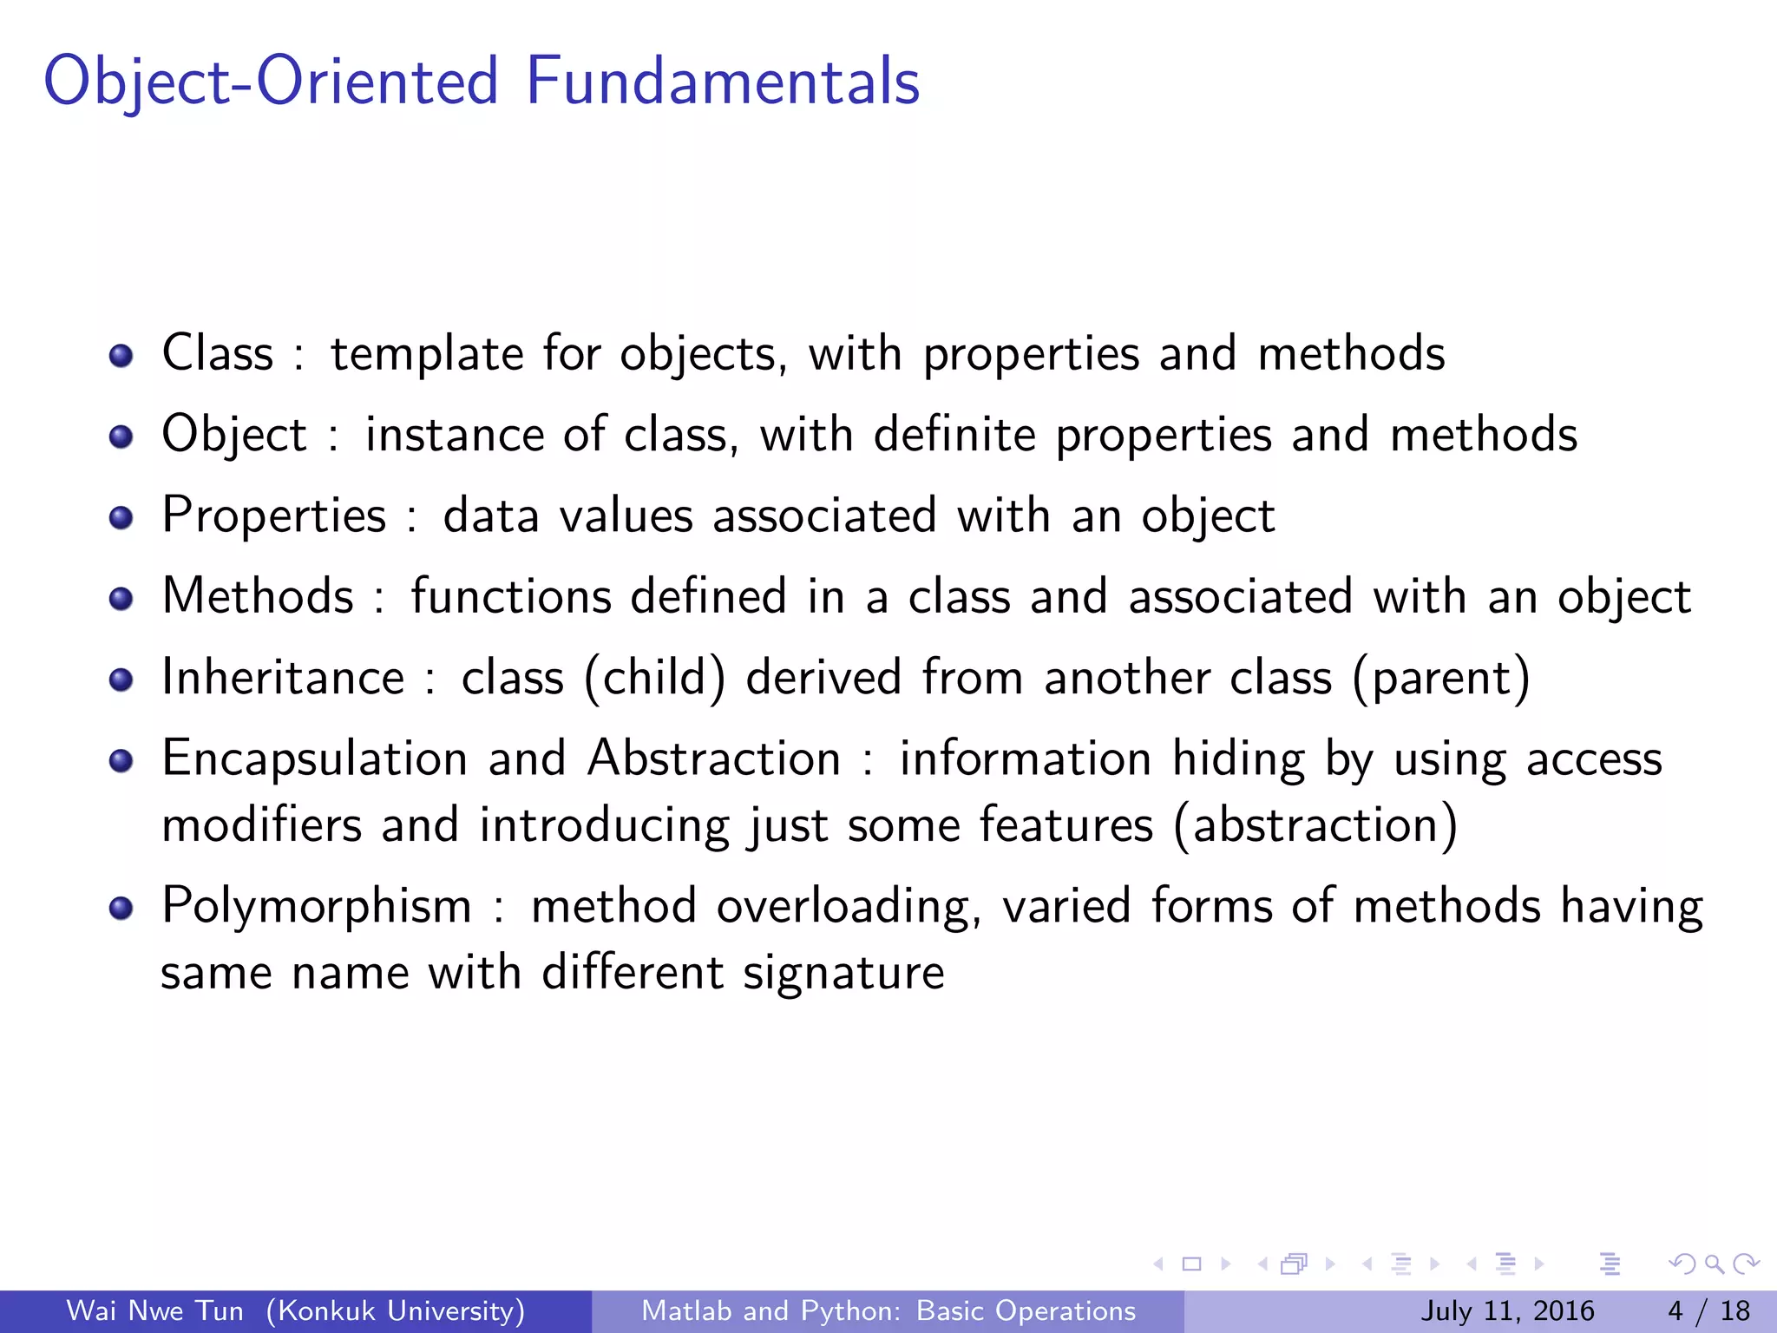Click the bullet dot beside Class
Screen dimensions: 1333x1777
coord(121,356)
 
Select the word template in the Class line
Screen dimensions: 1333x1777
coord(426,354)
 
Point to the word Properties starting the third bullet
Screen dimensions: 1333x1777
coord(273,516)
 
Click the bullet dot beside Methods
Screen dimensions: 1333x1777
coord(121,599)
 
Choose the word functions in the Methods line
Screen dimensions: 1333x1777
coord(511,596)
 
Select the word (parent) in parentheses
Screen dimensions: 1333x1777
coord(1441,678)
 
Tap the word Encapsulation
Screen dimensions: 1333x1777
coord(315,759)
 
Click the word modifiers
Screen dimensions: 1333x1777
coord(261,824)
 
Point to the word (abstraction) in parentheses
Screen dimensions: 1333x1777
coord(1315,825)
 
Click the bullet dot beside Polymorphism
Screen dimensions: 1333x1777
coord(121,908)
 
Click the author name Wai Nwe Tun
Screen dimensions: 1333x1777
coord(155,1310)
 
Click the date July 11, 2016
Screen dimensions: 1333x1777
coord(1507,1310)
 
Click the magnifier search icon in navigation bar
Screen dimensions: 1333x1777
coord(1713,1264)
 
